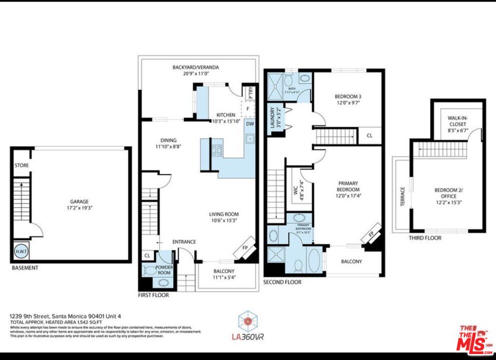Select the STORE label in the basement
(x=21, y=165)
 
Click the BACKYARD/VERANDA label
(x=196, y=67)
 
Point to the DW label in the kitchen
(x=250, y=123)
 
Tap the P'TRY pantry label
(x=250, y=93)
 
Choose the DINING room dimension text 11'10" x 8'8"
(x=168, y=147)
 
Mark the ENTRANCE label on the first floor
(x=184, y=242)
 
